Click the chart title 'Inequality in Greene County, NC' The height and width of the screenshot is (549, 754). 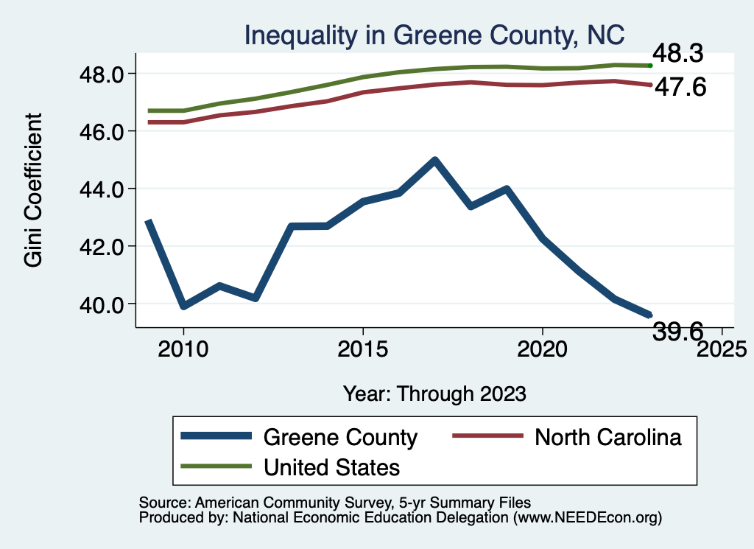pyautogui.click(x=434, y=35)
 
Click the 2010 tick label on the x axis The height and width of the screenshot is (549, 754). pyautogui.click(x=183, y=348)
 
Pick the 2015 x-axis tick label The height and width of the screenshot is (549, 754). pyautogui.click(x=362, y=348)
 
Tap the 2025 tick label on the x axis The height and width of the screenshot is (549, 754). pyautogui.click(x=722, y=348)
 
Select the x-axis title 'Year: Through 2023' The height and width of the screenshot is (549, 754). pyautogui.click(x=434, y=394)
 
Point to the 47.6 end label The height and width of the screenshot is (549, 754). pyautogui.click(x=681, y=88)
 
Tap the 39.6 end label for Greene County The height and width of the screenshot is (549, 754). pyautogui.click(x=681, y=332)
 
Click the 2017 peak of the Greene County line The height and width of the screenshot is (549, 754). pyautogui.click(x=434, y=160)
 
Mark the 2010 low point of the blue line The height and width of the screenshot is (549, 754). pyautogui.click(x=183, y=306)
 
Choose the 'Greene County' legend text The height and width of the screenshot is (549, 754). pyautogui.click(x=340, y=437)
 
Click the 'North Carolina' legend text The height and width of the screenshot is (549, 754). pyautogui.click(x=608, y=437)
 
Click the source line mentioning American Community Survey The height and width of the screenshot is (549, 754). pyautogui.click(x=335, y=502)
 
